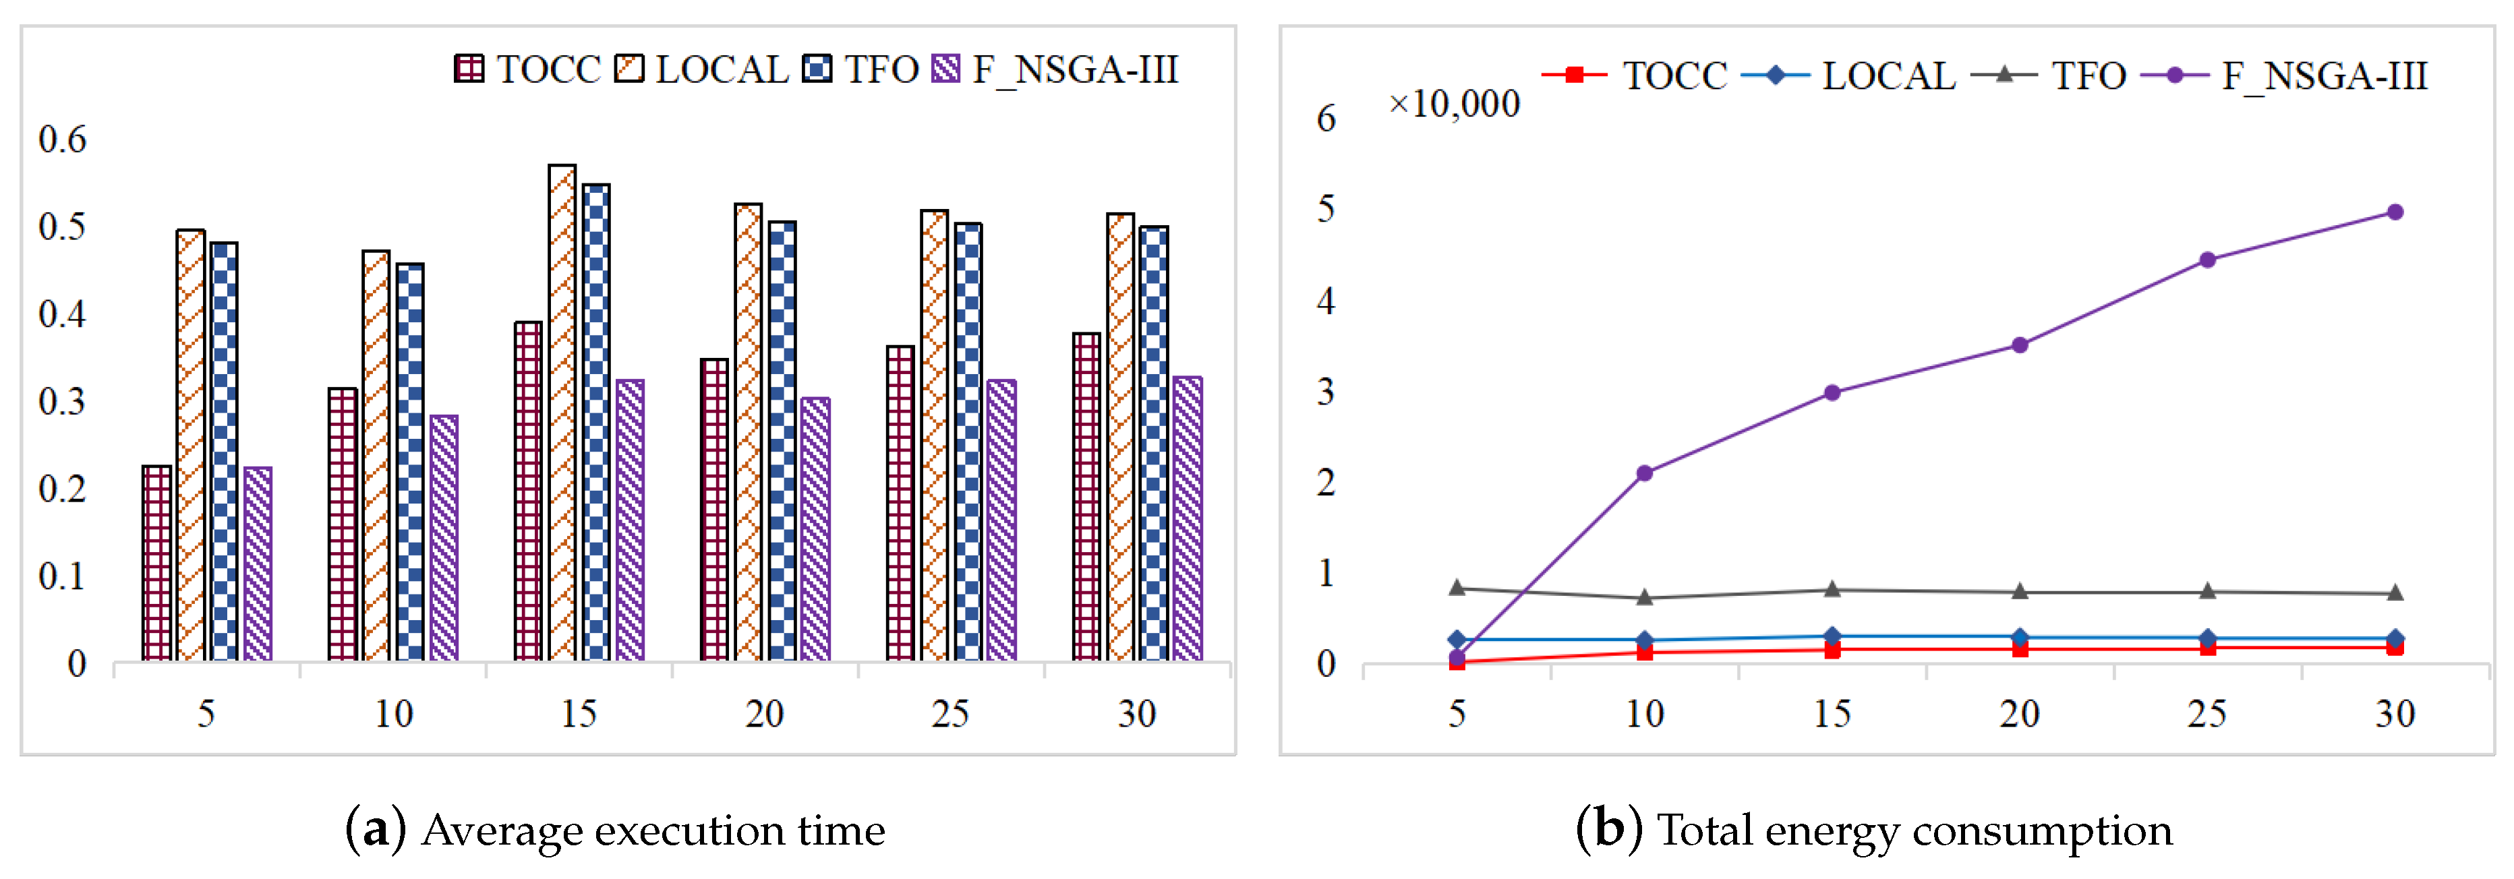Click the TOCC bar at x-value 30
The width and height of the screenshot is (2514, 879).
pyautogui.click(x=1086, y=497)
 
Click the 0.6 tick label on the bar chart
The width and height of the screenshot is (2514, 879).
pyautogui.click(x=63, y=140)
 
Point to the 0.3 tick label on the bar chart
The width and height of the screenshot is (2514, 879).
pyautogui.click(x=63, y=402)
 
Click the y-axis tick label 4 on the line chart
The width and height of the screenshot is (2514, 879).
pyautogui.click(x=1325, y=301)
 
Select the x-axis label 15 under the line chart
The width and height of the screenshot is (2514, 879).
pyautogui.click(x=1832, y=714)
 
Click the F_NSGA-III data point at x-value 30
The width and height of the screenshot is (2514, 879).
pyautogui.click(x=2395, y=212)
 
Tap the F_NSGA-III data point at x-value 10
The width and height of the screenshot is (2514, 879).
pyautogui.click(x=1645, y=473)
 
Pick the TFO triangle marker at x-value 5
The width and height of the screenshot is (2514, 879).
pyautogui.click(x=1457, y=587)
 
